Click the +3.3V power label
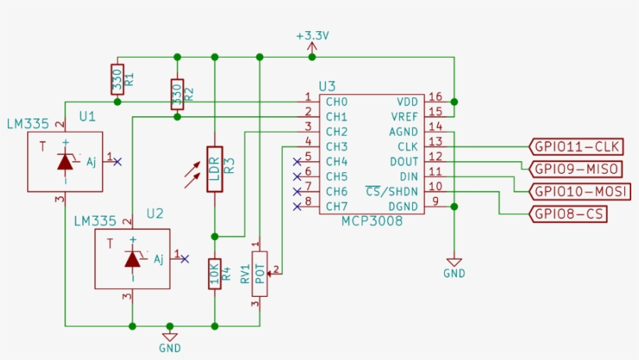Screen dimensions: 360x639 tap(312, 36)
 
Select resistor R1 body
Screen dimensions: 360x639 tap(117, 79)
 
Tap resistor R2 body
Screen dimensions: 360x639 tap(177, 94)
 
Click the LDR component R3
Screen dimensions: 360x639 tap(214, 169)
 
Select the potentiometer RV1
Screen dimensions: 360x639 tap(259, 274)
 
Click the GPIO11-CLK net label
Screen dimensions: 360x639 tap(576, 146)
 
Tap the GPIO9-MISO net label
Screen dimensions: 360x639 tap(576, 169)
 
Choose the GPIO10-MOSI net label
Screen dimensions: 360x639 tap(579, 192)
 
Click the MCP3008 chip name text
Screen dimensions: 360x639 tap(372, 222)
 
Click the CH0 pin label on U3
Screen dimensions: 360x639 tap(336, 102)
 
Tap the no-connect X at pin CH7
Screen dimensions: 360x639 tap(296, 206)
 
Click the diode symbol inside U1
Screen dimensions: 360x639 tap(65, 162)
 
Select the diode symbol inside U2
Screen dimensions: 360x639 tap(132, 259)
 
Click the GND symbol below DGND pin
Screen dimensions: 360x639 tap(454, 265)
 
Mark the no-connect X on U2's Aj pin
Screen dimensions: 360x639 tap(184, 259)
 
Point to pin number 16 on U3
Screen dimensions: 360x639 tap(435, 97)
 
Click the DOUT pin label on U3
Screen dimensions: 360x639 tap(404, 161)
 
